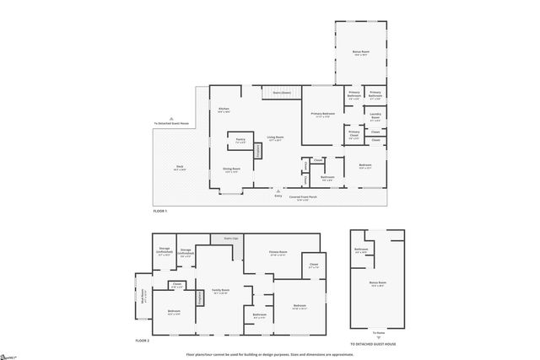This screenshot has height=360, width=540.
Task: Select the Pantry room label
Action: point(240,141)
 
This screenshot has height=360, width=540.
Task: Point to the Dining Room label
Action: point(231,169)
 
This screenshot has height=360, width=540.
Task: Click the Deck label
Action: point(179,169)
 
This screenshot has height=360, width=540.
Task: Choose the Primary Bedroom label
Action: point(322,115)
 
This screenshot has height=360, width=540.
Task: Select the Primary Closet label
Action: point(354,133)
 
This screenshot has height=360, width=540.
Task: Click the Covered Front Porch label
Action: point(303,197)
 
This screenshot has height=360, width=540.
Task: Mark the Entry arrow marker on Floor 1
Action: point(278,192)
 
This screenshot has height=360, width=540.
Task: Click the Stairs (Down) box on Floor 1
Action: point(281,93)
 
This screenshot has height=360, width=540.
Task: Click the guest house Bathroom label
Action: point(361,250)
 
